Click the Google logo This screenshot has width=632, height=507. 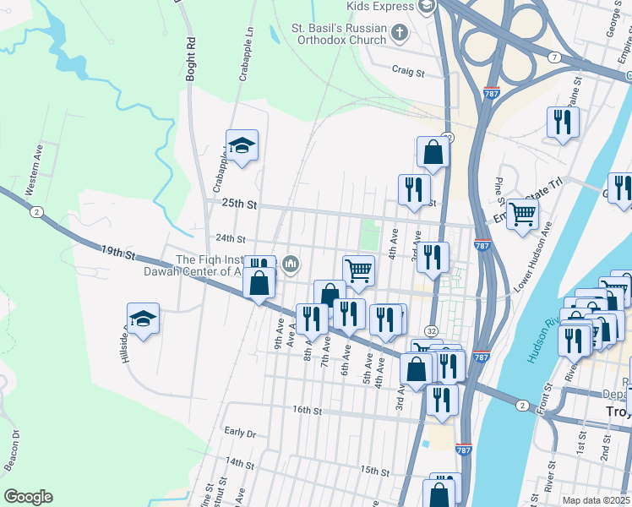pos(28,497)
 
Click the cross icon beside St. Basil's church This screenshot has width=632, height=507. pos(400,33)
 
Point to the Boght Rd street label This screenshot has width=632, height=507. pos(191,58)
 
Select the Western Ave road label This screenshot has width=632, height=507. pos(34,169)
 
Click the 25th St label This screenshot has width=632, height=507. pos(238,204)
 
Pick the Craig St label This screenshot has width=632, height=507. pos(408,73)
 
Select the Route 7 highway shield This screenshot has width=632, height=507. pos(554,57)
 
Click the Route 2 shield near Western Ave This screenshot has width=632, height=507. pos(35,212)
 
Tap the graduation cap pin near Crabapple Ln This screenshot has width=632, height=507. pos(242,146)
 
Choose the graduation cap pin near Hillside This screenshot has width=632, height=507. pos(143,319)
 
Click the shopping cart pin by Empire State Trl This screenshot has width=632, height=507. pos(523,215)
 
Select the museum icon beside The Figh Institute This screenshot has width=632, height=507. pos(291,264)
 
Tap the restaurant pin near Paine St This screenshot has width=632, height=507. pos(562,123)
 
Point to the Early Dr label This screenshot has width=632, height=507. pos(240,432)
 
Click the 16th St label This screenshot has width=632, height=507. pos(308,410)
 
